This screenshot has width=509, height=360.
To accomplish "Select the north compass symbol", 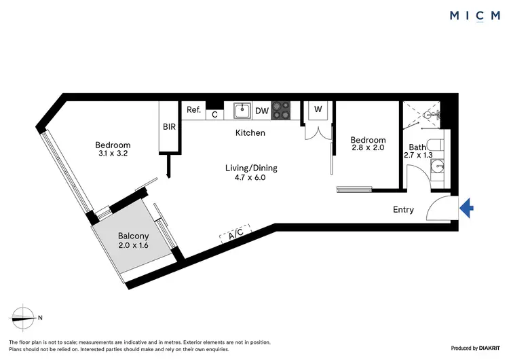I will tap(23, 317).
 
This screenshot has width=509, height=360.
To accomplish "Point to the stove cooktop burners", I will tap(282, 111).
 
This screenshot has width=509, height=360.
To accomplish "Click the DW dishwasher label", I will tap(263, 111).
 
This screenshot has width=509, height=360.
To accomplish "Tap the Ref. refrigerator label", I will tap(193, 109).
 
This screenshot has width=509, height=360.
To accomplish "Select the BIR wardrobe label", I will tap(169, 126).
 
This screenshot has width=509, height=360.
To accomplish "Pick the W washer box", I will tap(318, 109).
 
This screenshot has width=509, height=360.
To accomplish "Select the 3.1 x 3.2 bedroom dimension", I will tap(113, 154).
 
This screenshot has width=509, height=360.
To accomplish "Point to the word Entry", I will tap(403, 210).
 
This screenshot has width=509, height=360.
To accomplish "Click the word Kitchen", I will tap(250, 133).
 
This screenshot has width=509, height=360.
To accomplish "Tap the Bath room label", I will tap(417, 147).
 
